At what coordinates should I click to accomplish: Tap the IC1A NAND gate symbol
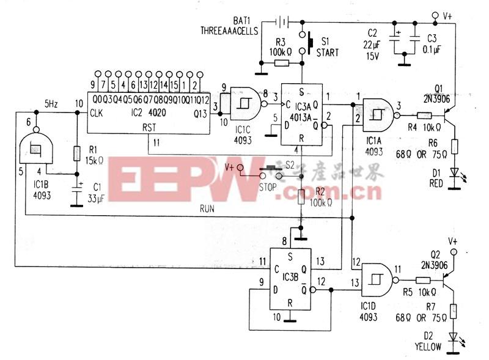pyautogui.click(x=379, y=114)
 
